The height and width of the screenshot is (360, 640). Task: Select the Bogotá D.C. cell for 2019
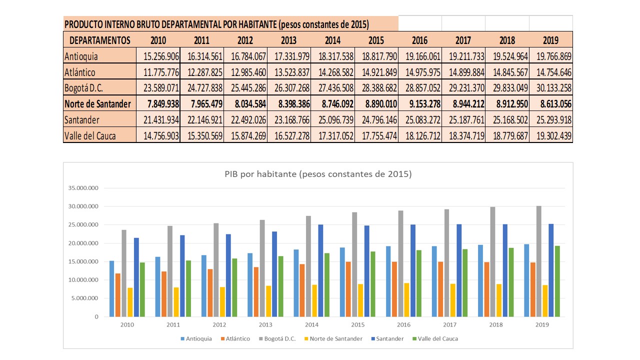(551, 88)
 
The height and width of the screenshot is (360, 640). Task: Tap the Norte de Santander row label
(98, 104)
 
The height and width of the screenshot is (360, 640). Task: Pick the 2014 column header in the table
(332, 40)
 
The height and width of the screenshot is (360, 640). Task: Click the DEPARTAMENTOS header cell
(100, 40)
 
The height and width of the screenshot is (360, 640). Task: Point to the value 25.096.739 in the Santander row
(332, 120)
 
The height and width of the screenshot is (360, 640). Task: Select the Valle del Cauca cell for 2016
(420, 136)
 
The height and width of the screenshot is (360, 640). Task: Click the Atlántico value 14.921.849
(376, 72)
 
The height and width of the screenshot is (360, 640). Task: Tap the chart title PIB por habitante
(318, 174)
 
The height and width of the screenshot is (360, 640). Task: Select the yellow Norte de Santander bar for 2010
(130, 302)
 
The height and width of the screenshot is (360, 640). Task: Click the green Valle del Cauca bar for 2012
(234, 287)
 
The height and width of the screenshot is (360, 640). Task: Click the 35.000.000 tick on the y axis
(83, 188)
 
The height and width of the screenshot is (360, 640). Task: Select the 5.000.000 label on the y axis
(84, 298)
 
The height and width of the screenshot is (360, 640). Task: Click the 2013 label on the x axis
(265, 324)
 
